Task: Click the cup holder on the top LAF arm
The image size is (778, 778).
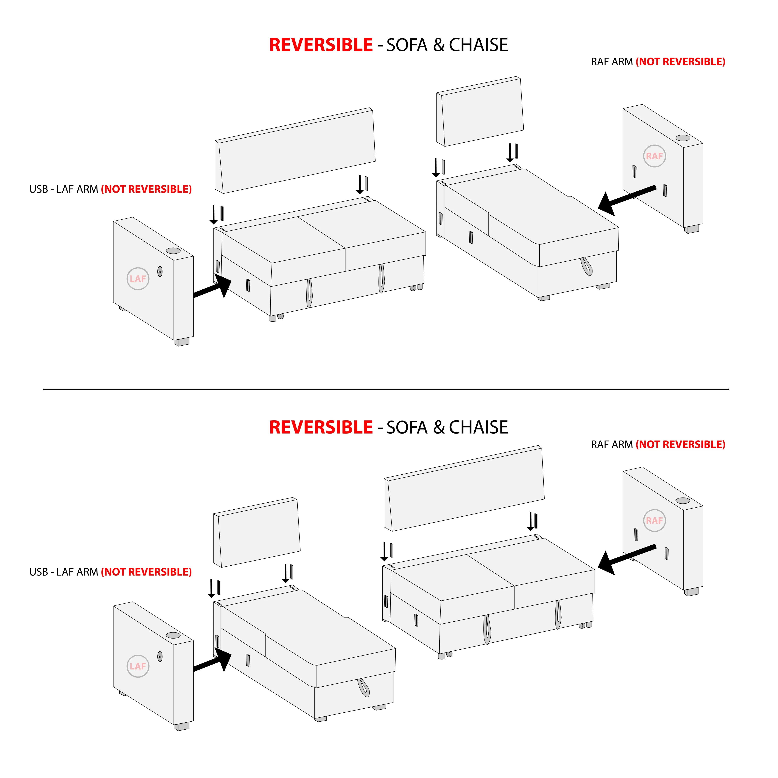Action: (173, 251)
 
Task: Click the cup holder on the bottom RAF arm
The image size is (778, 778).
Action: (683, 500)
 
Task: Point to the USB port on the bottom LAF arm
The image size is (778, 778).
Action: (160, 656)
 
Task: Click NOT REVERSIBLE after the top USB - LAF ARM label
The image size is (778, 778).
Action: (146, 189)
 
